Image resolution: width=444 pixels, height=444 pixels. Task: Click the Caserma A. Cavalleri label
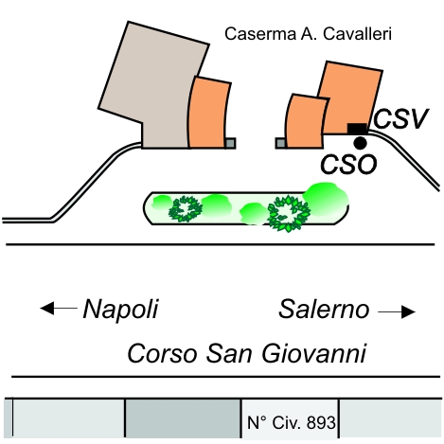[308, 34]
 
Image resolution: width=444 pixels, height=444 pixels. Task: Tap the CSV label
[400, 119]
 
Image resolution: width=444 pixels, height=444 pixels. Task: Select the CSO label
[348, 164]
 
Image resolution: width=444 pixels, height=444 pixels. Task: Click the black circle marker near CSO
[360, 143]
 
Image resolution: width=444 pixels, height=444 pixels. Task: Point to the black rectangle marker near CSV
[357, 129]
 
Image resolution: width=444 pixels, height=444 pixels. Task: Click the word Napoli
[120, 309]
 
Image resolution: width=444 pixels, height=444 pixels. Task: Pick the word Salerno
[324, 310]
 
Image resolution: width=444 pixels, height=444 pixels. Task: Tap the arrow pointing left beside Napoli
[59, 308]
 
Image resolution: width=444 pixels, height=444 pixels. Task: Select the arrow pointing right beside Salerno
[397, 312]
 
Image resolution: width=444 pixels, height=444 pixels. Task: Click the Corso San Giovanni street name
[247, 354]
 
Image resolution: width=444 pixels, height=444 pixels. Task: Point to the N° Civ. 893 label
[291, 422]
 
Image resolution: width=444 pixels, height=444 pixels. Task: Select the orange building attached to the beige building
[209, 113]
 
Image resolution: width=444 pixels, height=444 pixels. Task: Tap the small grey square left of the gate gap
[230, 143]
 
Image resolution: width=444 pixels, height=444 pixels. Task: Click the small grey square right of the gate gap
[281, 143]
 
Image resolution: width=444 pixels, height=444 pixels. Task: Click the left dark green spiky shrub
[186, 209]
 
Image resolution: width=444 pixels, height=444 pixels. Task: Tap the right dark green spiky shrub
[289, 213]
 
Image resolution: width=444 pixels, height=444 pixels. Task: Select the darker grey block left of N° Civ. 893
[183, 418]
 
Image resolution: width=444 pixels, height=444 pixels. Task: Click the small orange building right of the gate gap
[306, 121]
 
